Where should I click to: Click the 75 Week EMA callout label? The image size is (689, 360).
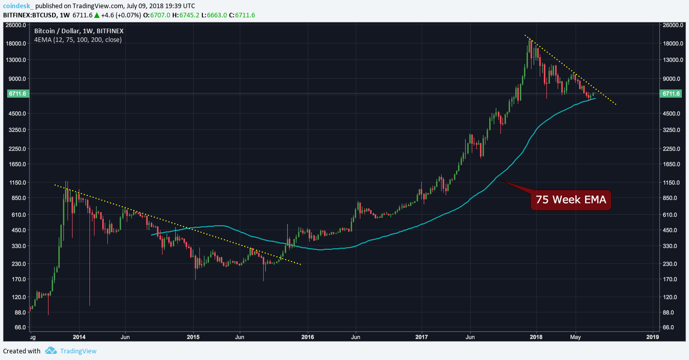tap(571, 200)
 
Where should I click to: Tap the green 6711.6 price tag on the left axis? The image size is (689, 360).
tap(17, 94)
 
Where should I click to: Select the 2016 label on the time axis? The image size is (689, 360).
tap(307, 337)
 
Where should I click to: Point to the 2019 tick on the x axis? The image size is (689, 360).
tap(652, 337)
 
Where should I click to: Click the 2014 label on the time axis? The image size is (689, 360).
tap(79, 337)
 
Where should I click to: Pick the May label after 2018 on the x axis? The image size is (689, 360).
tap(576, 337)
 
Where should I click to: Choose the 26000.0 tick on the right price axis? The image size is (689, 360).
tap(670, 25)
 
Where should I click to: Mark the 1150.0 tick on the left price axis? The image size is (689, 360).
tap(17, 183)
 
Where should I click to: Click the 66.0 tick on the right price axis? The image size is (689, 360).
tap(670, 327)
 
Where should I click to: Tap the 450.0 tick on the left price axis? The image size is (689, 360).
tap(17, 230)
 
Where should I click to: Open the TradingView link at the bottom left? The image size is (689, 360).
tap(78, 351)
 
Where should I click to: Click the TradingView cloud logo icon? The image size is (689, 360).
tap(50, 351)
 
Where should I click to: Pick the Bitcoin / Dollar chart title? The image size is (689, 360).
tap(79, 31)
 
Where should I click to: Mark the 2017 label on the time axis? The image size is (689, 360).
tap(421, 337)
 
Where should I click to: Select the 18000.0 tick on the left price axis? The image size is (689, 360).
tap(17, 43)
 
